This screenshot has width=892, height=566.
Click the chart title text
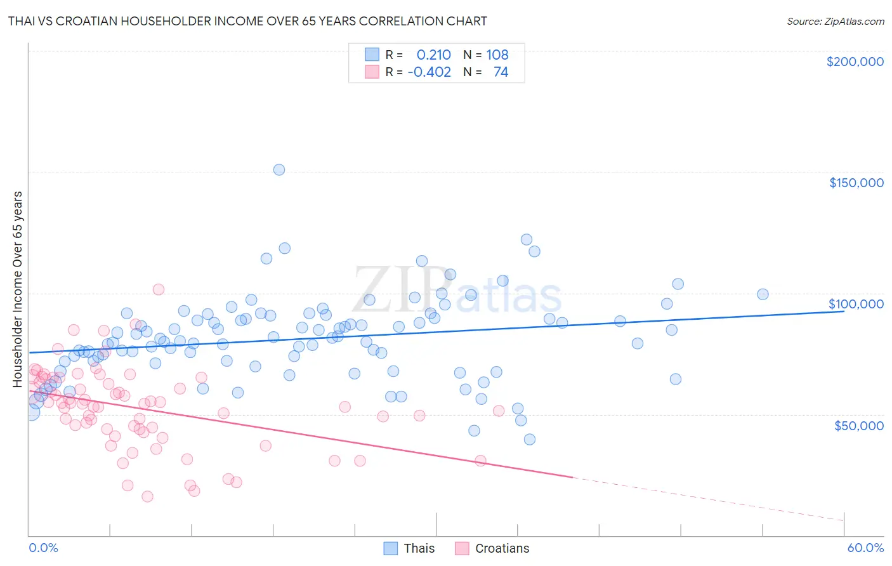[x=247, y=21]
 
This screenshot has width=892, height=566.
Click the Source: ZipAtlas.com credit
[x=835, y=21]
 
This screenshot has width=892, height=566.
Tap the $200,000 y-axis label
[x=855, y=62]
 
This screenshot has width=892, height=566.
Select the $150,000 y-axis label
[x=856, y=183]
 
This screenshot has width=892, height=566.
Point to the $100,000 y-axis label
[x=856, y=304]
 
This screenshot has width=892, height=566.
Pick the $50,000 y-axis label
[x=858, y=425]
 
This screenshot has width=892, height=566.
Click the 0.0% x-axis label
[x=43, y=548]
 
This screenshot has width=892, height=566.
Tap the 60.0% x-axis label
[x=865, y=548]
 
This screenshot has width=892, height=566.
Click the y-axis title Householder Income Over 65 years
[x=17, y=289]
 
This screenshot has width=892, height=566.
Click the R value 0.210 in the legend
[x=433, y=55]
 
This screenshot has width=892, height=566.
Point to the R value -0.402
[x=429, y=72]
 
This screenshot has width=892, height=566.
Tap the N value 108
[x=497, y=55]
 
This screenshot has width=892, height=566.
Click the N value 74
[x=501, y=72]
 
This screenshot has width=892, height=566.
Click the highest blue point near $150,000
[x=279, y=169]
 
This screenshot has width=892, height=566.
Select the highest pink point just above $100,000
[x=159, y=289]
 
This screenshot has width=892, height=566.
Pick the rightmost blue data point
[x=763, y=294]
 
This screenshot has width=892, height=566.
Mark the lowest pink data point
[x=147, y=496]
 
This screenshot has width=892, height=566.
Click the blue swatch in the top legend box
[x=372, y=55]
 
